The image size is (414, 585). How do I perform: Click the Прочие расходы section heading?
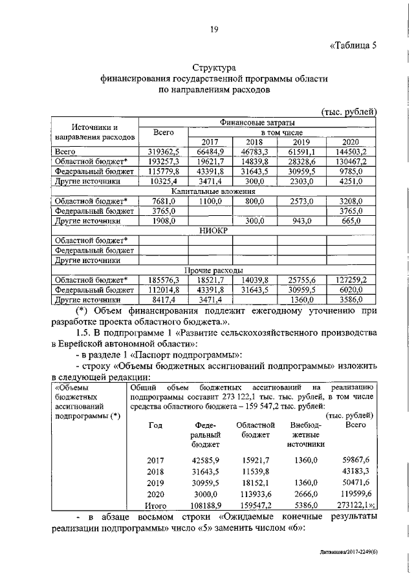click(x=213, y=270)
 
